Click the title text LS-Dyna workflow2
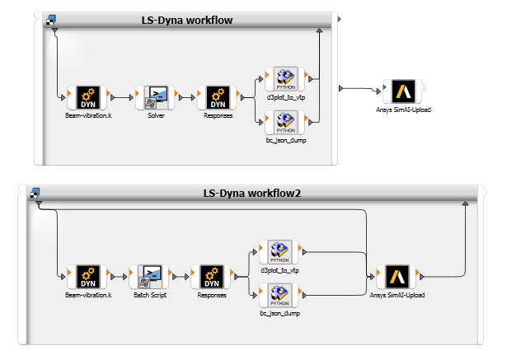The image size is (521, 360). tap(256, 194)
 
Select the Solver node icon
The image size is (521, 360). tap(157, 96)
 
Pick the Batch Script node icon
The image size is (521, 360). tap(150, 276)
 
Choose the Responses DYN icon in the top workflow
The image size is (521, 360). tap(218, 96)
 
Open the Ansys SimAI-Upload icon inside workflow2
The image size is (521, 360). tap(397, 276)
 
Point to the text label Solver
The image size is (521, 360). tap(157, 115)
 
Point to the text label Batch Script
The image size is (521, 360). tap(150, 294)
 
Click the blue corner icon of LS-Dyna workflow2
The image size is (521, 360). tap(35, 193)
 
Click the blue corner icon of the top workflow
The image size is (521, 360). tap(51, 19)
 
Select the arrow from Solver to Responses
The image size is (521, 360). tap(187, 96)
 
